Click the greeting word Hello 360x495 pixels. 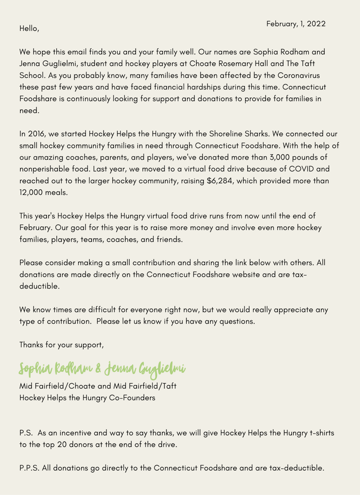(x=29, y=29)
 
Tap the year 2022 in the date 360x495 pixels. (x=315, y=24)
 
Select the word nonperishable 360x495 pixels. (x=50, y=169)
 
